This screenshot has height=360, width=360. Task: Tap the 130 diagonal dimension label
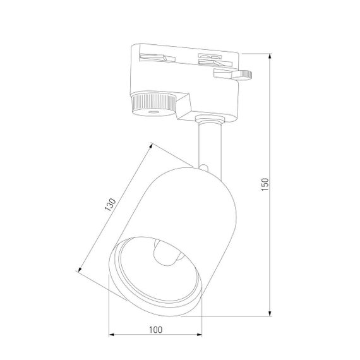click(x=109, y=207)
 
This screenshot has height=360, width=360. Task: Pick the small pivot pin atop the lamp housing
click(x=205, y=167)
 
